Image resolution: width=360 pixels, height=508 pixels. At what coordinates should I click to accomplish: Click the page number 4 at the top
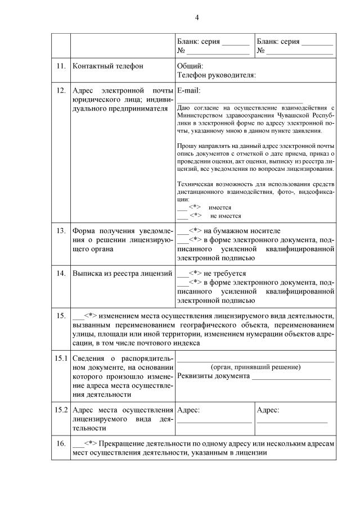click(197, 17)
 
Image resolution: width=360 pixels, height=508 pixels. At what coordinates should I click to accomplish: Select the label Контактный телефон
click(107, 66)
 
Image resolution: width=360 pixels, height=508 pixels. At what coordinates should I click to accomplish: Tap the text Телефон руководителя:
click(217, 74)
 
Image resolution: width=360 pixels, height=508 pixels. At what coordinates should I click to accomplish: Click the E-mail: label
click(188, 90)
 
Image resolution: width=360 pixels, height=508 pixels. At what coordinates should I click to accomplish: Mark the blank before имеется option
click(182, 207)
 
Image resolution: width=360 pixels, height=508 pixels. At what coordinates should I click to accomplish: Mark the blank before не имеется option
click(182, 215)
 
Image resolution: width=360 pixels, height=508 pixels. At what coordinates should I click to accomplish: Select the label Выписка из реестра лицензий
click(122, 274)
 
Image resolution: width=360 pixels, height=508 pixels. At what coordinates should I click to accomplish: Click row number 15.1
click(61, 359)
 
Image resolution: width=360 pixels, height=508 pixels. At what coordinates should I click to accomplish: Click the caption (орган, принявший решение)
click(255, 367)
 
